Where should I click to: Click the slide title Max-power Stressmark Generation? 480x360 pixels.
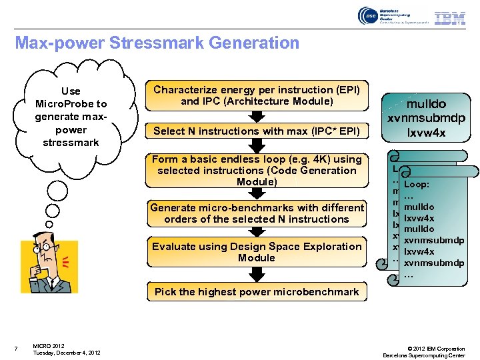pyautogui.click(x=157, y=43)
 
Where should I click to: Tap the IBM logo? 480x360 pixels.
pyautogui.click(x=450, y=18)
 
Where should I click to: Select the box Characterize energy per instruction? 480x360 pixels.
pyautogui.click(x=257, y=95)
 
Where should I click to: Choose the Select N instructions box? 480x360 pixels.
pyautogui.click(x=257, y=131)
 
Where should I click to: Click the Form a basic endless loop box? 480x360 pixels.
pyautogui.click(x=257, y=170)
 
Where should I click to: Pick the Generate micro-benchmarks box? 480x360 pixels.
pyautogui.click(x=257, y=213)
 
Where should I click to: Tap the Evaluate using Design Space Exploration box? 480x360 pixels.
pyautogui.click(x=257, y=252)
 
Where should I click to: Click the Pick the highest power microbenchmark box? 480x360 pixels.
pyautogui.click(x=257, y=291)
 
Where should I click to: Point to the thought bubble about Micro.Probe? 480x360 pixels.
pyautogui.click(x=71, y=117)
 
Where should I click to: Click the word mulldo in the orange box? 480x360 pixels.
pyautogui.click(x=417, y=104)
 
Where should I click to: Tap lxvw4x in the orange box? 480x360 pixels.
pyautogui.click(x=417, y=133)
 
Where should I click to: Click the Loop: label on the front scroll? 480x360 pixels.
pyautogui.click(x=417, y=184)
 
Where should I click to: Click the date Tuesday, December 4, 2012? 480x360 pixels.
pyautogui.click(x=67, y=353)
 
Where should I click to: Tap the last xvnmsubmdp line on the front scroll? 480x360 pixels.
pyautogui.click(x=433, y=263)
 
